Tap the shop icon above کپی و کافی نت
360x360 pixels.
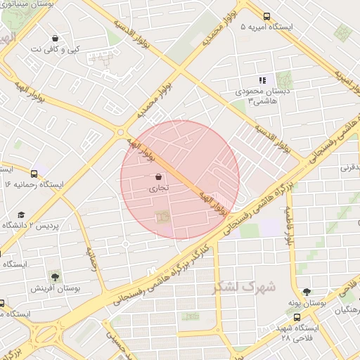tap(56, 39)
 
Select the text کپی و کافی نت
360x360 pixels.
tap(55, 50)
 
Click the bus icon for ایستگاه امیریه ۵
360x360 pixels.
tap(266, 16)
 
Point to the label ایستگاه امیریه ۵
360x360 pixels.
tap(266, 27)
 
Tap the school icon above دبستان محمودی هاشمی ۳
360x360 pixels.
tap(262, 81)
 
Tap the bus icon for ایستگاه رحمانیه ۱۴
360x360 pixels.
tap(34, 173)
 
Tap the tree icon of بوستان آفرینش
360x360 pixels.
tap(54, 276)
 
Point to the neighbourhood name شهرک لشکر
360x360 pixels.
tap(243, 288)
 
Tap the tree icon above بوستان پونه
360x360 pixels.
tap(306, 291)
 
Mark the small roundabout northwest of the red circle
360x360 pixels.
tap(121, 132)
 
